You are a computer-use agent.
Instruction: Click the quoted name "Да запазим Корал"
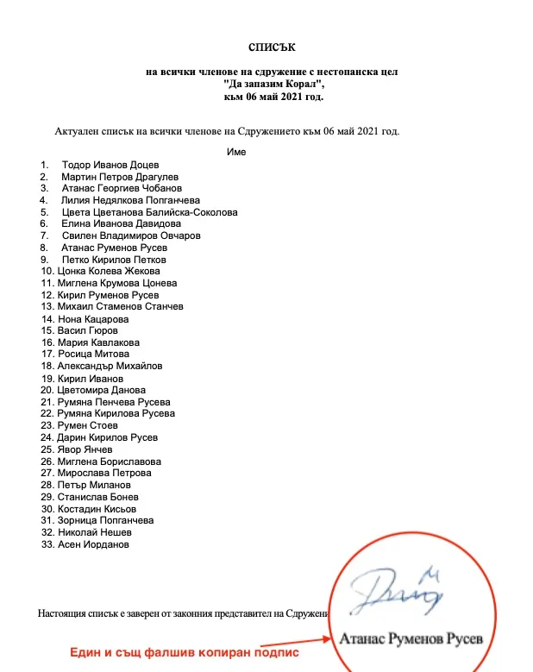[x=271, y=85]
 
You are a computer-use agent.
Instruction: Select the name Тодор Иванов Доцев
[x=110, y=164]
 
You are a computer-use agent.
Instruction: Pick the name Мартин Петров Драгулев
[x=117, y=176]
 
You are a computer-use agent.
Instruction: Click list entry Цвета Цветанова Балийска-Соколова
[x=149, y=211]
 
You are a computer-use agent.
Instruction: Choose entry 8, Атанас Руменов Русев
[x=115, y=248]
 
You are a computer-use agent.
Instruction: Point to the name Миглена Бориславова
[x=109, y=462]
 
